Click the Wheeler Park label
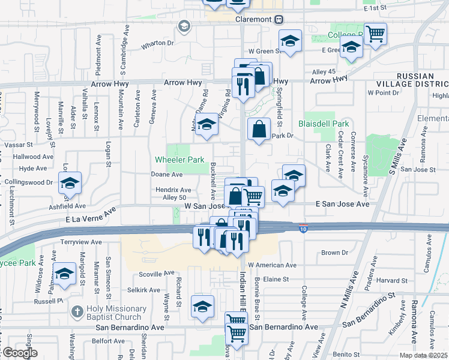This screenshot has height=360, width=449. coord(179,160)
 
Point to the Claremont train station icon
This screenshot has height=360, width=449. coord(279,19)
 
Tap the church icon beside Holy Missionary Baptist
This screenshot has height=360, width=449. coord(76,312)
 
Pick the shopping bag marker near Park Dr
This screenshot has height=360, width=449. coord(258,128)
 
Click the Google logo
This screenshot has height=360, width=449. coord(19,353)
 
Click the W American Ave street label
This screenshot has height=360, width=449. coord(272,265)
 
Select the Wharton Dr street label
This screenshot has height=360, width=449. coord(157,43)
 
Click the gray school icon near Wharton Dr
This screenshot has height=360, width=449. coord(184,26)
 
